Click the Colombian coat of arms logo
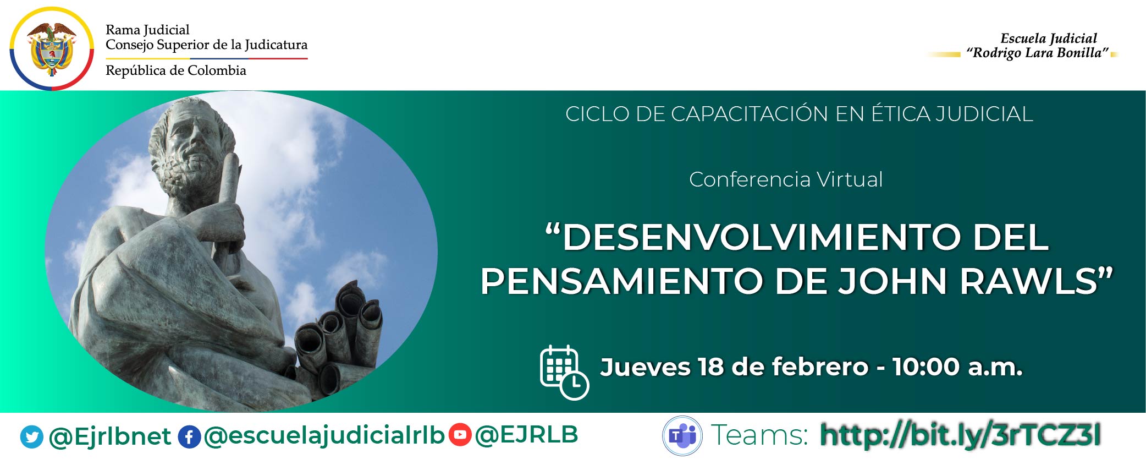pyautogui.click(x=52, y=48)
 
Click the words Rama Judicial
pyautogui.click(x=147, y=30)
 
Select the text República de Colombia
pyautogui.click(x=175, y=70)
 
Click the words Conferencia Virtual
pyautogui.click(x=786, y=179)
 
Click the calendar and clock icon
pyautogui.click(x=564, y=371)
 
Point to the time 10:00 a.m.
pyautogui.click(x=957, y=367)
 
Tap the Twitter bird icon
pyautogui.click(x=31, y=437)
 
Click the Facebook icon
pyautogui.click(x=189, y=437)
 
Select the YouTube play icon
pyautogui.click(x=460, y=435)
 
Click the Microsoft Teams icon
pyautogui.click(x=682, y=435)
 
